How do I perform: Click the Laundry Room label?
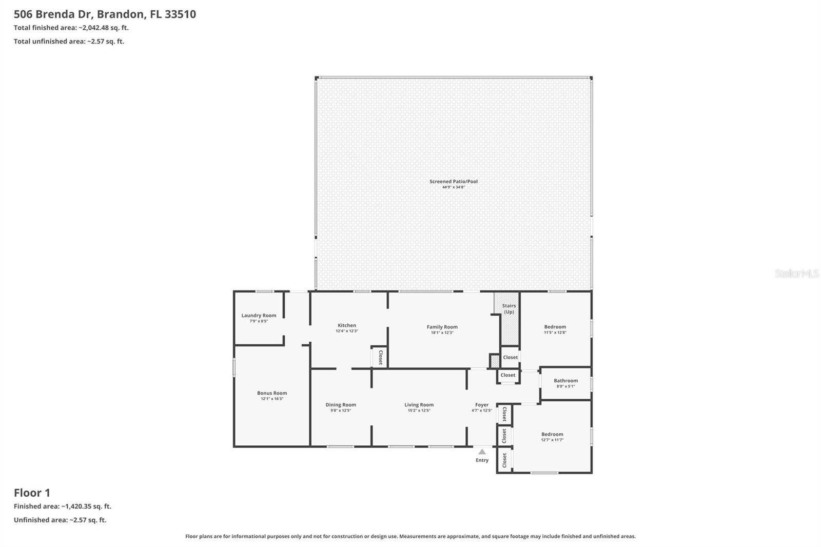coord(259,316)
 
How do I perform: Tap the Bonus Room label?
coord(272,393)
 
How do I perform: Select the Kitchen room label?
coord(347,325)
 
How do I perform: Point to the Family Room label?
coord(442,327)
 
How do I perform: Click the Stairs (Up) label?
coord(509,308)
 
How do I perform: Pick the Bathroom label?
coord(565,381)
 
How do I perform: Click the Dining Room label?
coord(341,405)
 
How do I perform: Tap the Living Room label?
coord(419,405)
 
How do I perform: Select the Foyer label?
coord(482,405)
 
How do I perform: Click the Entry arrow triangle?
coord(482,452)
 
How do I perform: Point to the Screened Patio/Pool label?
coord(454,181)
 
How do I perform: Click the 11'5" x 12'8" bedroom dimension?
coord(555,333)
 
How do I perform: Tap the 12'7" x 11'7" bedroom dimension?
coord(552,440)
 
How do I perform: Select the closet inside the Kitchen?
coord(380,357)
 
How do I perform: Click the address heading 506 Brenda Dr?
coord(105,14)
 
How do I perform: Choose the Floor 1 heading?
coord(32,493)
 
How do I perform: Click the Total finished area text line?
coord(71,28)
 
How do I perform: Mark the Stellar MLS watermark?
coord(796,273)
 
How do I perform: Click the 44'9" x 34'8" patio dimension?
coord(454,187)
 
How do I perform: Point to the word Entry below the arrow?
coord(482,460)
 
